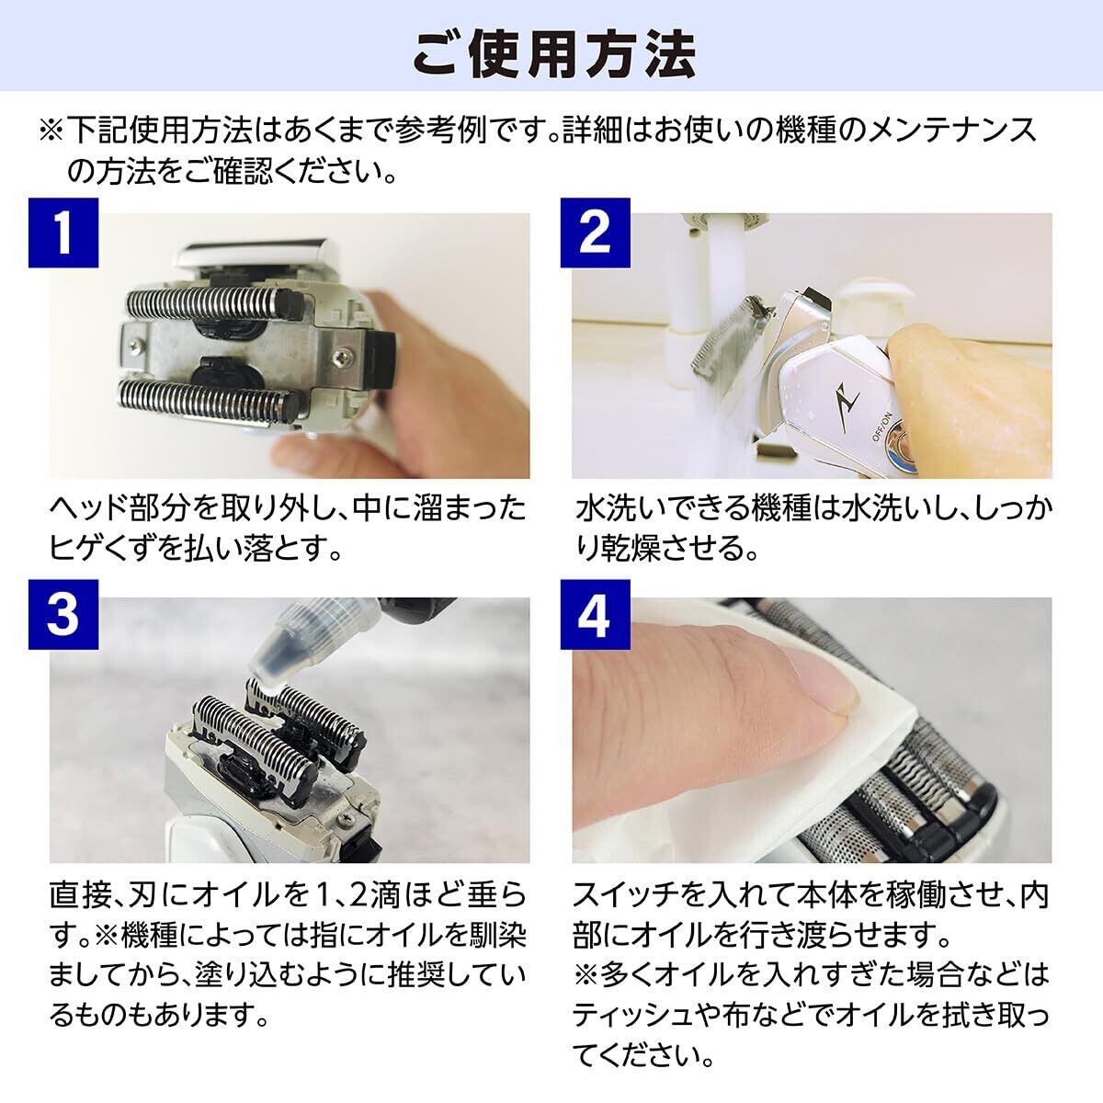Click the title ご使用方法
[x=553, y=55]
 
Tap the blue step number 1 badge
[x=63, y=233]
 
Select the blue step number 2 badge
[x=595, y=233]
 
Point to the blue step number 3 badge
[x=63, y=615]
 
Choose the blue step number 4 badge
[x=595, y=615]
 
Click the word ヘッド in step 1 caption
[x=88, y=508]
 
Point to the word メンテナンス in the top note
[x=955, y=130]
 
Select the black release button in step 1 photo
[x=381, y=358]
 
